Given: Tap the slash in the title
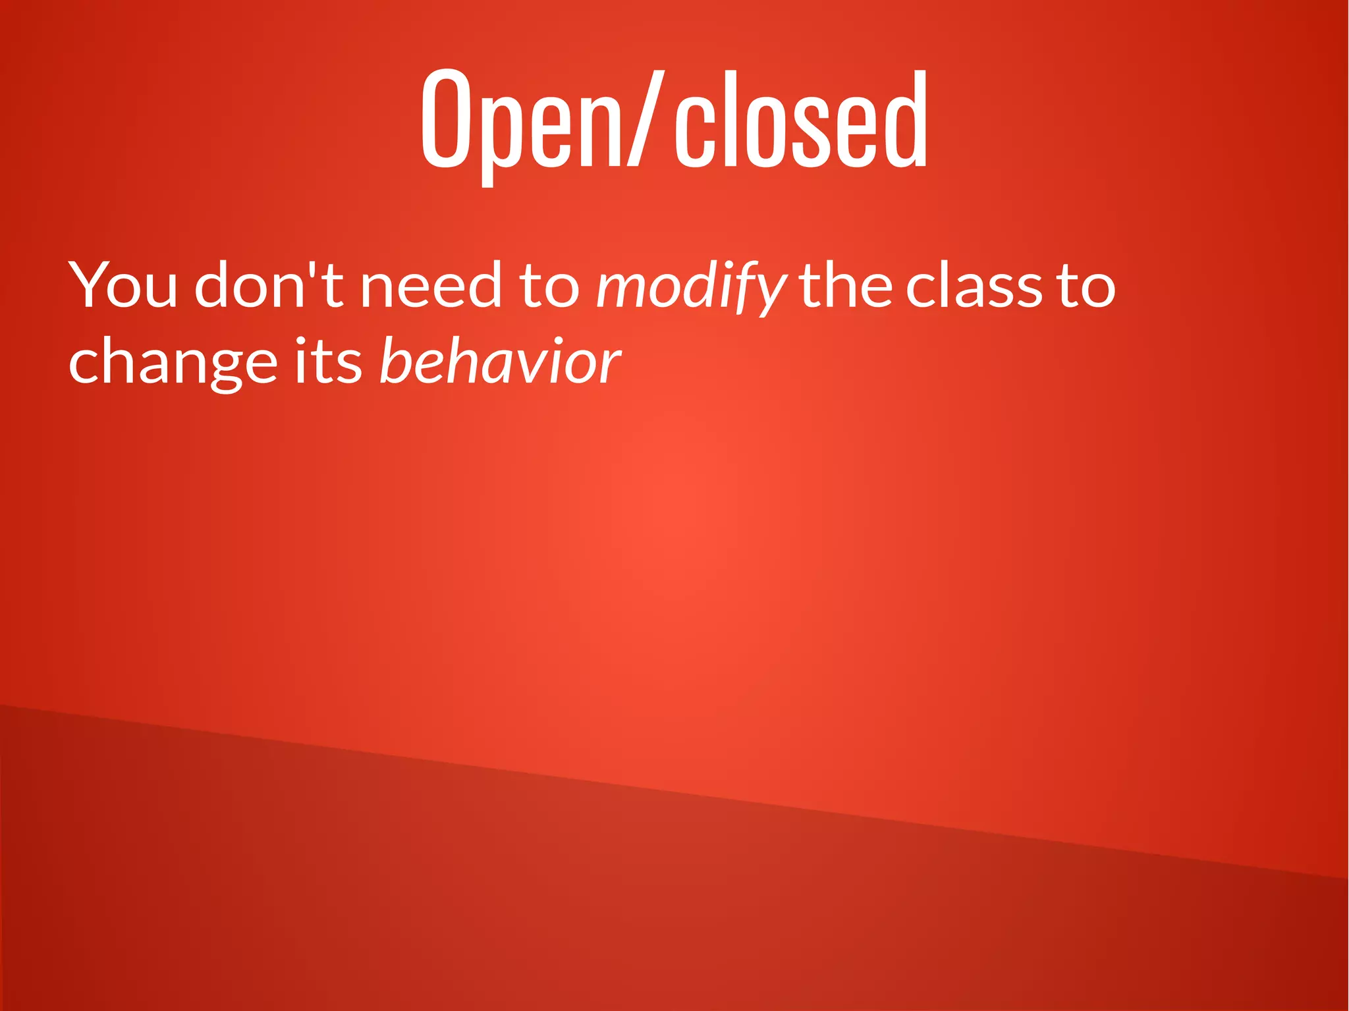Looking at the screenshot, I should (x=644, y=119).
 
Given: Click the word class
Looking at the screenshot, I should (x=974, y=286).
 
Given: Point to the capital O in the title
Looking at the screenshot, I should (x=446, y=119).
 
